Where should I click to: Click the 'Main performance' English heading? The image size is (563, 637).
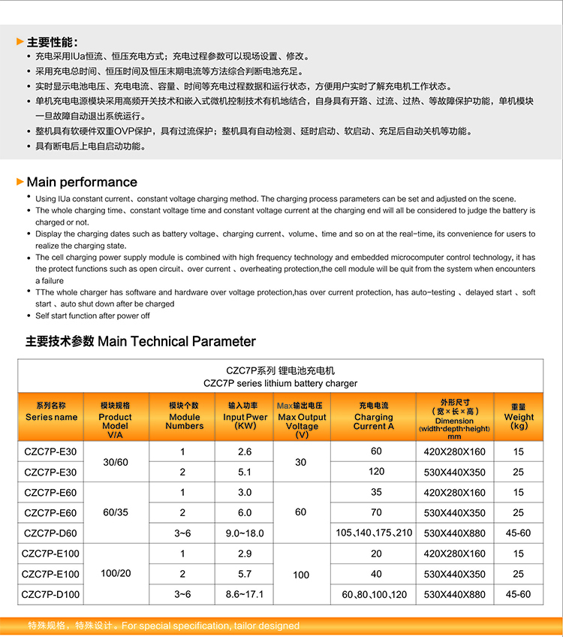tap(82, 183)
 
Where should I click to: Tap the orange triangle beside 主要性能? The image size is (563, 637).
tap(20, 42)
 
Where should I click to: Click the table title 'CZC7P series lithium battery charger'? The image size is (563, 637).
tap(281, 383)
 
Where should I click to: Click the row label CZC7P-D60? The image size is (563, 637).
tap(51, 533)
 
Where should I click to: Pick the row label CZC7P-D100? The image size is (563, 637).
tap(51, 594)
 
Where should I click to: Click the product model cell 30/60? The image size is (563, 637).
tap(116, 462)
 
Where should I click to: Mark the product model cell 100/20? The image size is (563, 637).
tap(116, 573)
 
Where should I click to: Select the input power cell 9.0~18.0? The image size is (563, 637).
tap(245, 533)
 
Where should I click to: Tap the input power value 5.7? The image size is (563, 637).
tap(245, 574)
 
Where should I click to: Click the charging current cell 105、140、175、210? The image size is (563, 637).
tap(375, 533)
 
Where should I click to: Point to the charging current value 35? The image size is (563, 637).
tap(376, 492)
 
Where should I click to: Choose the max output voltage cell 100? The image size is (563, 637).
tap(301, 575)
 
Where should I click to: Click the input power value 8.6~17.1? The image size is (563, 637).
tap(245, 594)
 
